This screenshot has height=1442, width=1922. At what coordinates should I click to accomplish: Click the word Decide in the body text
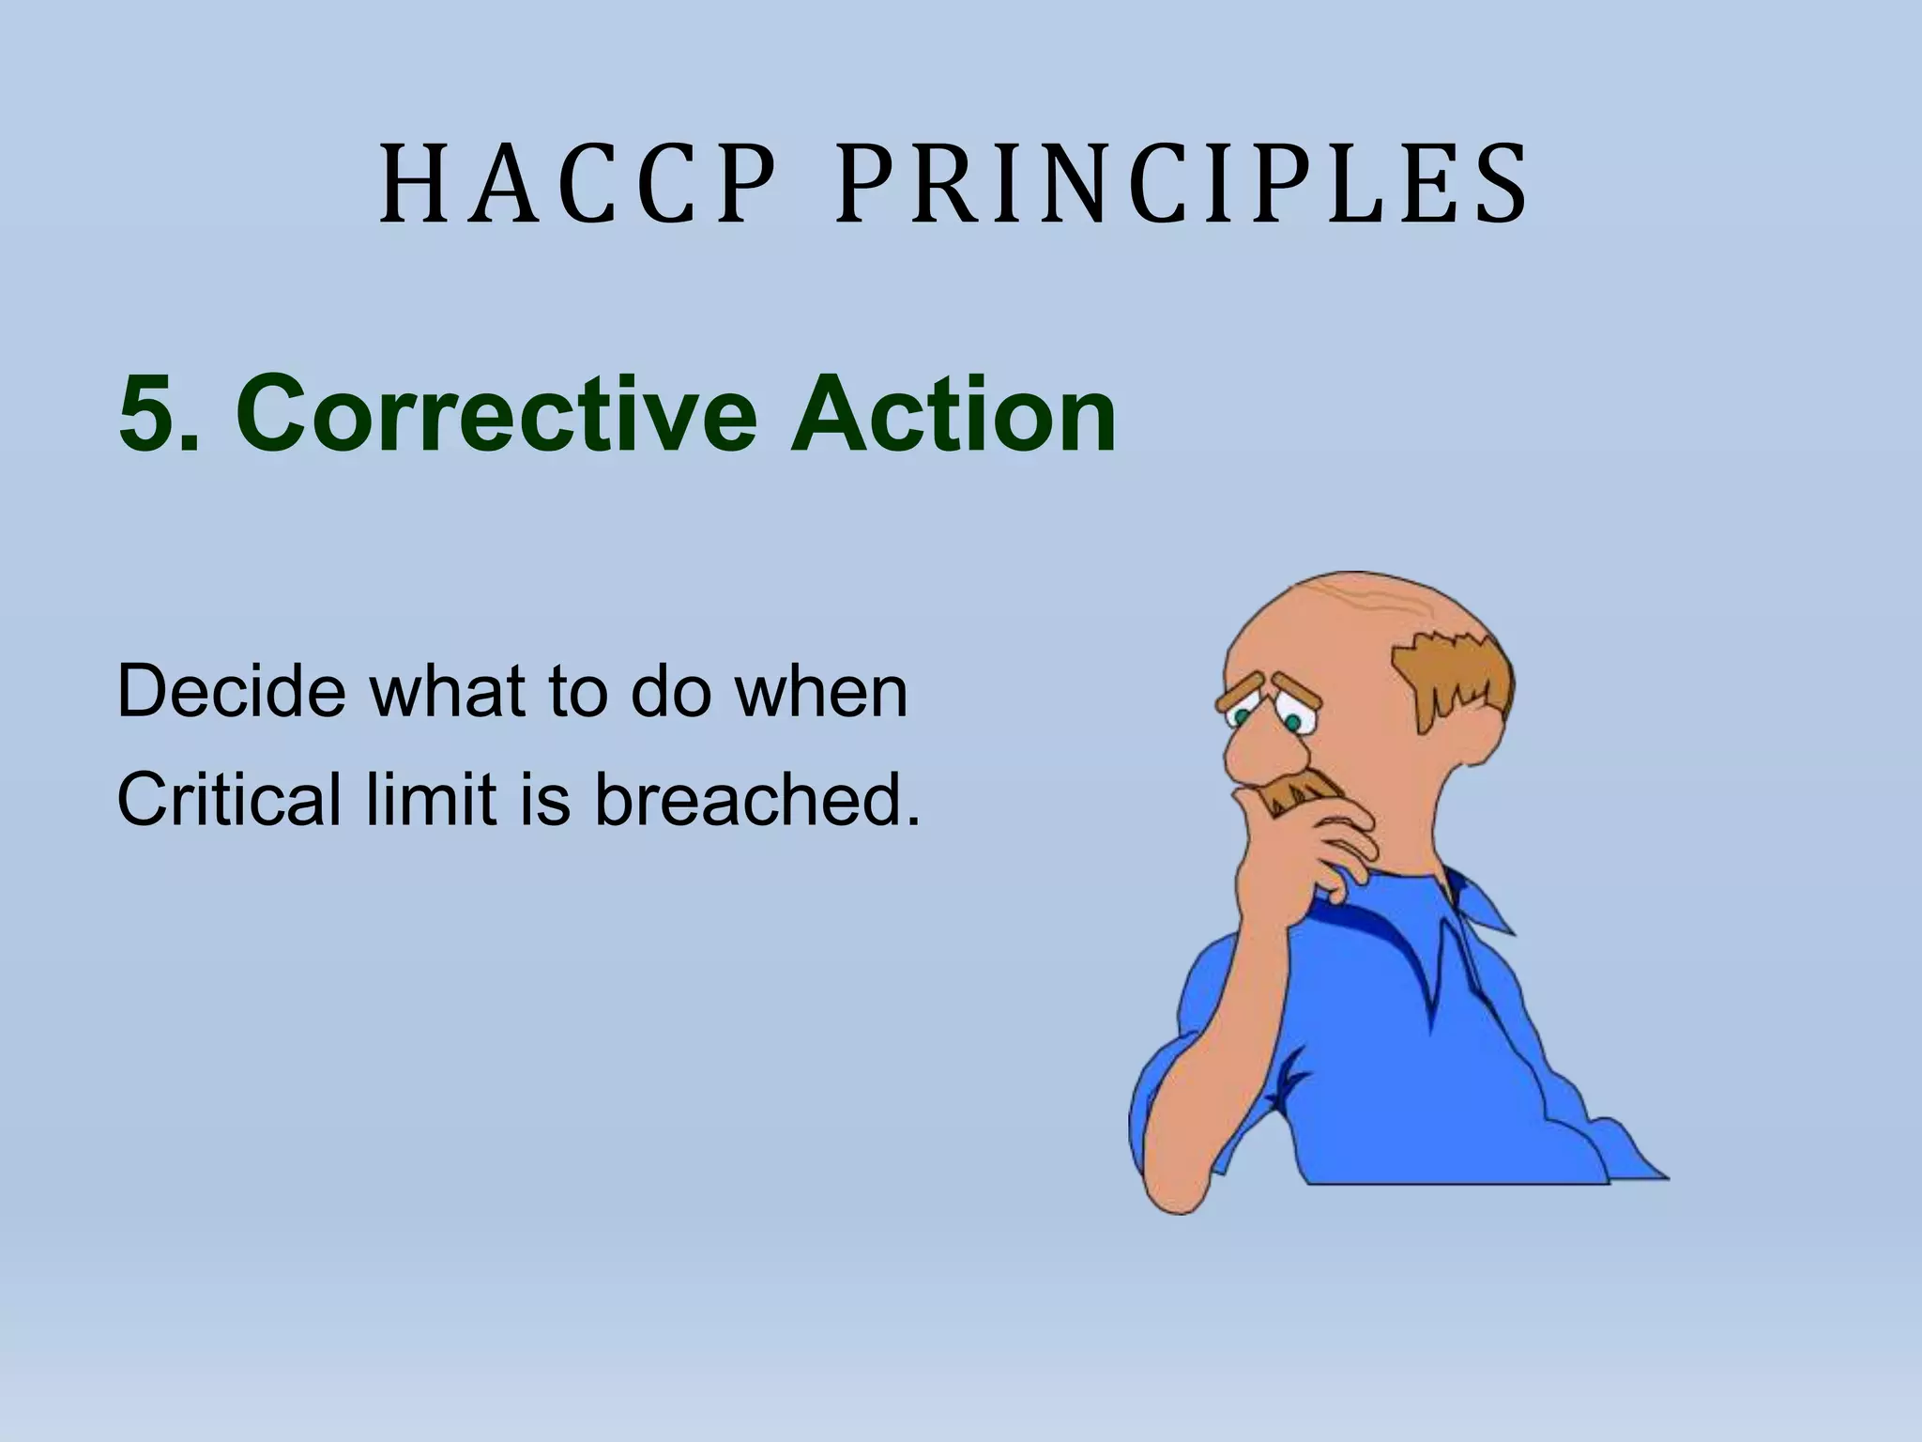tap(230, 692)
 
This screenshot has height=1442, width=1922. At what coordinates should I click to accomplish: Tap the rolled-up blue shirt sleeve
tap(1211, 1061)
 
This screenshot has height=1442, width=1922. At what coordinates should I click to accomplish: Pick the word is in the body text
tap(543, 800)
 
